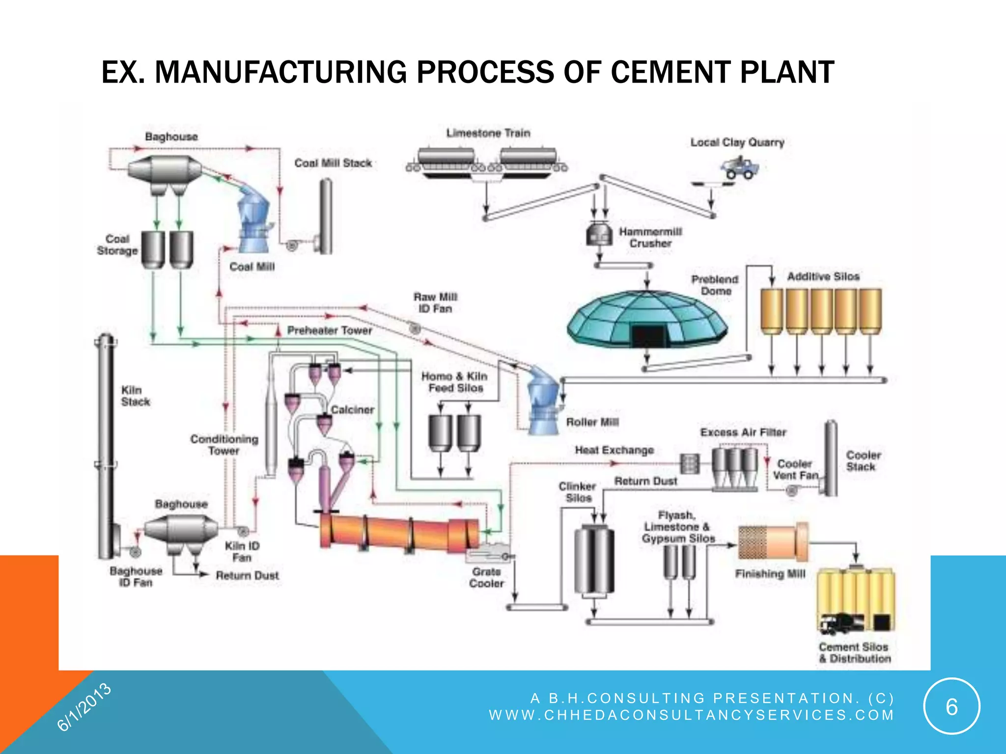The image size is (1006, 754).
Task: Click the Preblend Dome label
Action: [715, 285]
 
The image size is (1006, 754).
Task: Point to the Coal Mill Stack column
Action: [326, 216]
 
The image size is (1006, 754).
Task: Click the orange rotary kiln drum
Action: [398, 533]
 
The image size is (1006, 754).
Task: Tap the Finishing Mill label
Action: [770, 574]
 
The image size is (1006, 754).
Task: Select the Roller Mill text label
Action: [592, 422]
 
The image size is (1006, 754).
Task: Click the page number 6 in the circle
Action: [951, 707]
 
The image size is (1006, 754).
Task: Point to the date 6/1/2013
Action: [84, 707]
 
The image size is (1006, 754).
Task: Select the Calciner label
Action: [352, 409]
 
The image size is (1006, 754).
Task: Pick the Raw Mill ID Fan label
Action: [435, 303]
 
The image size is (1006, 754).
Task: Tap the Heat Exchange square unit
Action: [689, 463]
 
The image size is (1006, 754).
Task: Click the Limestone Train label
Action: [488, 133]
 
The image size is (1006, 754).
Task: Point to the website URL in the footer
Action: [691, 715]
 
